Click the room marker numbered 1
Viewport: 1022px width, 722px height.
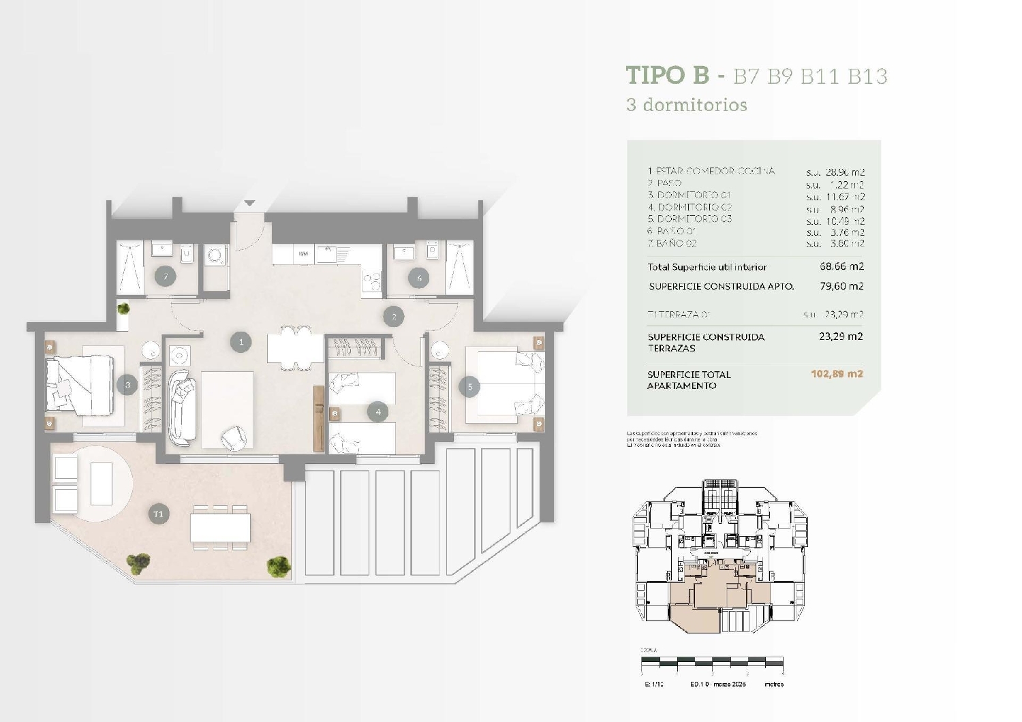241,342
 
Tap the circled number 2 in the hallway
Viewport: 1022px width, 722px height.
393,317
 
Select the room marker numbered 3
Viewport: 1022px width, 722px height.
127,386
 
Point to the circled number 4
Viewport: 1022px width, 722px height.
377,411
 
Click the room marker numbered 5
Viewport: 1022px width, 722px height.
469,387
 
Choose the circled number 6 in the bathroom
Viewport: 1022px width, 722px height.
419,277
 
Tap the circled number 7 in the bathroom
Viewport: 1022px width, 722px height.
165,277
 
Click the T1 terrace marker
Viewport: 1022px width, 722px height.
158,514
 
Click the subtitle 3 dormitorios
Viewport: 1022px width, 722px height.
686,105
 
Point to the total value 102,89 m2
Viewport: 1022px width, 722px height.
837,374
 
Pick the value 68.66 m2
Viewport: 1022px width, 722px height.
841,266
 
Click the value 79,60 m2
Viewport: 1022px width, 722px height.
841,286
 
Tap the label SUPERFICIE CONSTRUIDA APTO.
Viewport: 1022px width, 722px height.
721,287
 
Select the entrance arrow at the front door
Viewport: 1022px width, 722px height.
249,203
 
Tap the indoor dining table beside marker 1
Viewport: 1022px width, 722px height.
295,349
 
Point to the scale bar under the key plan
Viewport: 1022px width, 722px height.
712,661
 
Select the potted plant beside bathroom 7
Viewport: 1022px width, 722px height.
123,310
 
